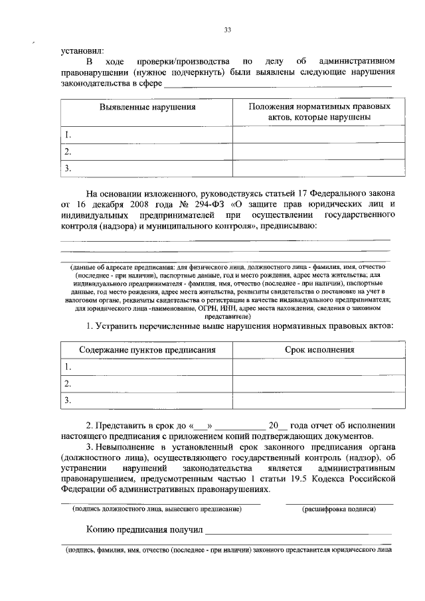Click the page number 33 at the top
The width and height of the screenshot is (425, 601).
click(x=228, y=30)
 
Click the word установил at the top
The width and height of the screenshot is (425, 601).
click(x=82, y=49)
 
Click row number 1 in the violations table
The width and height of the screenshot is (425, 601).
click(x=67, y=135)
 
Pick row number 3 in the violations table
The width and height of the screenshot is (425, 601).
click(x=67, y=169)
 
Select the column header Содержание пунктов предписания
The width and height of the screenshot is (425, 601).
click(x=147, y=350)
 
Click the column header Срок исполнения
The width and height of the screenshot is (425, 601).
click(x=319, y=350)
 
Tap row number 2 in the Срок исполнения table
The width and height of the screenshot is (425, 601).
click(x=67, y=384)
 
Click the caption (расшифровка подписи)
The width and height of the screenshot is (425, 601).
click(x=339, y=509)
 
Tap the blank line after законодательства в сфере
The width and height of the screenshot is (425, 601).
click(x=277, y=84)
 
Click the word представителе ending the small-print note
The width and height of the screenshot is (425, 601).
click(x=230, y=317)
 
